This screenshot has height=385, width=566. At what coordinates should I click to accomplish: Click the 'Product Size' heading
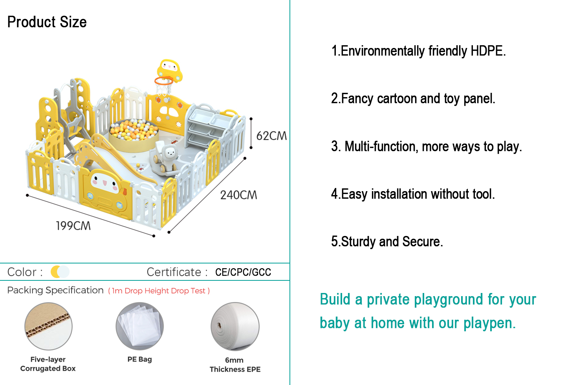click(x=47, y=22)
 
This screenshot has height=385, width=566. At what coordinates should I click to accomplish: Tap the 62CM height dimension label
click(x=271, y=136)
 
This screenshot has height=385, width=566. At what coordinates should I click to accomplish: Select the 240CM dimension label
click(x=238, y=195)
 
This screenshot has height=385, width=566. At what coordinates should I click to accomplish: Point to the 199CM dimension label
click(x=73, y=226)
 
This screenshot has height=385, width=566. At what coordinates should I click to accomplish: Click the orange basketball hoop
click(x=164, y=81)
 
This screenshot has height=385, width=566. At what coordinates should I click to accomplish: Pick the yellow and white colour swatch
click(x=60, y=272)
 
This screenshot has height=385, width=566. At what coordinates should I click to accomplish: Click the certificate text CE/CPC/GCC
click(x=243, y=272)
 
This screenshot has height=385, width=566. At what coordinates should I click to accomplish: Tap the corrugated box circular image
click(x=48, y=326)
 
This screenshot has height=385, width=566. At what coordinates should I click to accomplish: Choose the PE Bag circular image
click(x=140, y=326)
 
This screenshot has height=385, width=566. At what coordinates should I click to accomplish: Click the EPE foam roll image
click(x=235, y=326)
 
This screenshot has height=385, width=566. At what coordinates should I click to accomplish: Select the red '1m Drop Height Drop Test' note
click(x=159, y=291)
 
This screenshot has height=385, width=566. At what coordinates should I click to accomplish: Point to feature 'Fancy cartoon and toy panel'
click(x=413, y=98)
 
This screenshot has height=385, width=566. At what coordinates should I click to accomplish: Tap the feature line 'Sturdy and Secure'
click(x=387, y=241)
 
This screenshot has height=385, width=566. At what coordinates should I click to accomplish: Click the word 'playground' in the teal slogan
click(x=425, y=300)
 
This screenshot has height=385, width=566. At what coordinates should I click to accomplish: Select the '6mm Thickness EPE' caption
click(x=235, y=365)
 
